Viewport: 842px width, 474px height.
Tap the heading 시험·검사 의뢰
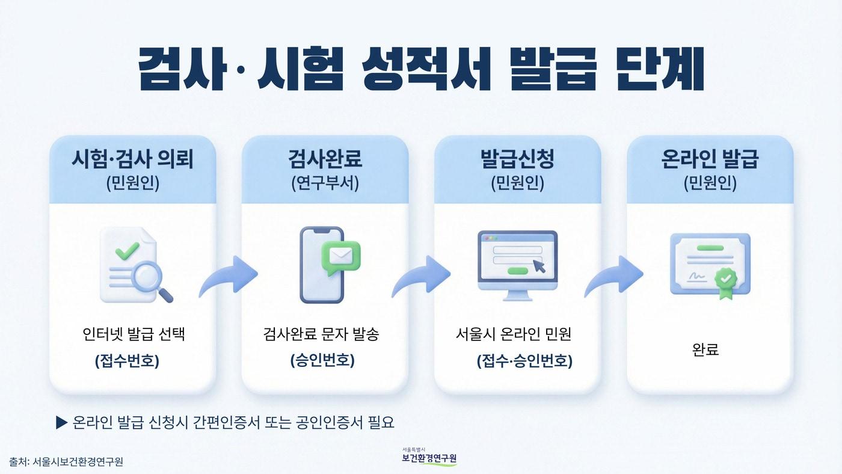click(x=132, y=159)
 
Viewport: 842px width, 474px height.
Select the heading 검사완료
click(x=325, y=159)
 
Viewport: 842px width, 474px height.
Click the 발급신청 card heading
click(x=517, y=159)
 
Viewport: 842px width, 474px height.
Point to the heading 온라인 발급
click(x=710, y=159)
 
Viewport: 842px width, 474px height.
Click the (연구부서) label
click(x=325, y=183)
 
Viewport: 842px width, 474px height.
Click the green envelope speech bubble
click(x=340, y=257)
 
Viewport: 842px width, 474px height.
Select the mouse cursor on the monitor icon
click(x=539, y=265)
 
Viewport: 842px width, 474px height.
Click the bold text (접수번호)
click(x=127, y=362)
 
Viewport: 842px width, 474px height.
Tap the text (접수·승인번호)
click(x=524, y=362)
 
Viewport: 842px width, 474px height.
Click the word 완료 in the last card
click(x=705, y=349)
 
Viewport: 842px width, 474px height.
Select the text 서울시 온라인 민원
click(x=514, y=334)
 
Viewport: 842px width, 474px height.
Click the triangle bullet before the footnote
click(x=61, y=423)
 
